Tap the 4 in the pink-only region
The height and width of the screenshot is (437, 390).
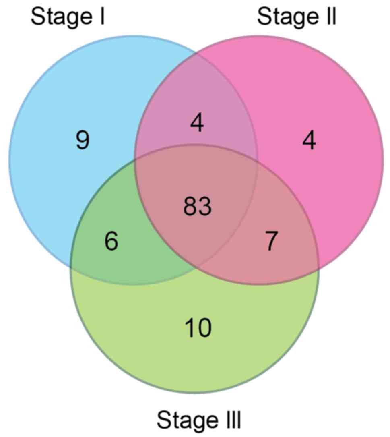pyautogui.click(x=309, y=141)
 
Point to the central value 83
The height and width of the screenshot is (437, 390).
pyautogui.click(x=197, y=207)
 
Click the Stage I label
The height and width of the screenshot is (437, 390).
pyautogui.click(x=68, y=17)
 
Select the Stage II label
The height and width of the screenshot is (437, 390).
pyautogui.click(x=296, y=17)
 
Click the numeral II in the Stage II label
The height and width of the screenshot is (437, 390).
pyautogui.click(x=330, y=17)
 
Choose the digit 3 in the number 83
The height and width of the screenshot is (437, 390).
pyautogui.click(x=205, y=207)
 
